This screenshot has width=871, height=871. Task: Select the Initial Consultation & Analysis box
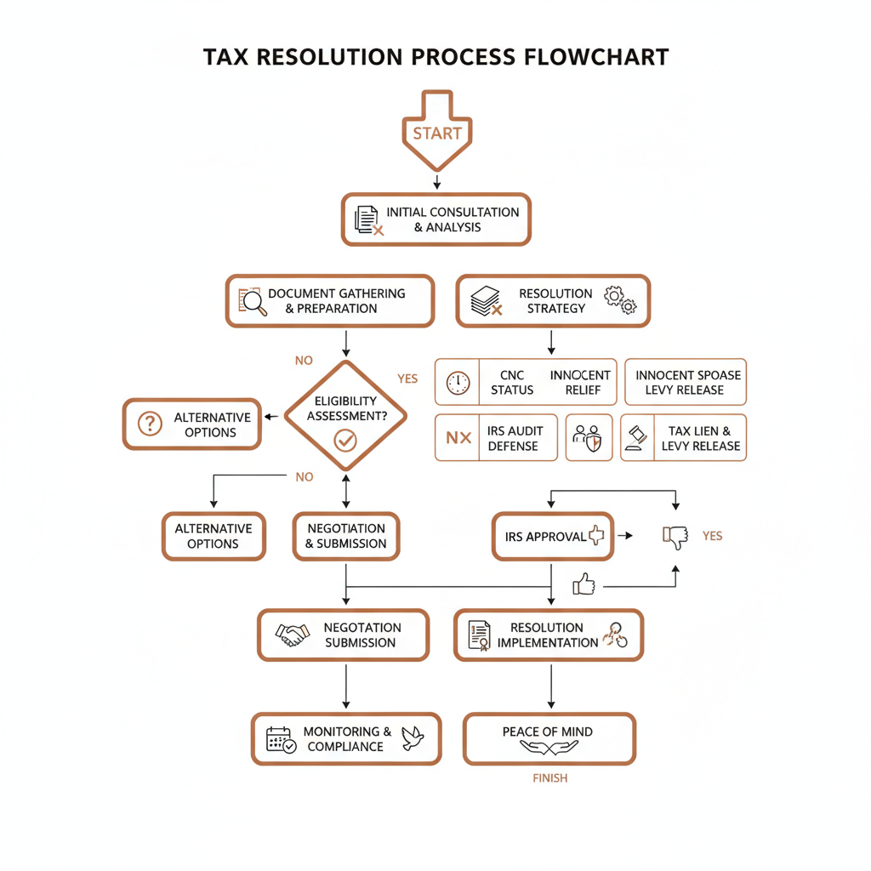436,219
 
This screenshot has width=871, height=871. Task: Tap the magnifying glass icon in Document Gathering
251,302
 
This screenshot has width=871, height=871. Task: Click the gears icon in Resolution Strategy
619,300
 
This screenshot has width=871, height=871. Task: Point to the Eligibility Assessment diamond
345,414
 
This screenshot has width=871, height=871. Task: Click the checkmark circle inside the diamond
345,440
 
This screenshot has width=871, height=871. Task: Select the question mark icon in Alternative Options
150,424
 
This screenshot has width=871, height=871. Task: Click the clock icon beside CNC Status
458,383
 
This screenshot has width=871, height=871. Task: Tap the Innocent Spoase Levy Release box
686,382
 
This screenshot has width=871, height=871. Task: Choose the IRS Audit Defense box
496,438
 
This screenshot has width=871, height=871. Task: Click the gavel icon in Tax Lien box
636,438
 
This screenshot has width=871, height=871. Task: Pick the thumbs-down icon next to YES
675,536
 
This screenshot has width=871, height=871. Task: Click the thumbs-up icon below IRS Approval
584,584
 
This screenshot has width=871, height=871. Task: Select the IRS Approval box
553,536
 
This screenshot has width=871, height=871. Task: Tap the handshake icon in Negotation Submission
293,635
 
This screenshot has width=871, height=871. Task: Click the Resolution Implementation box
548,635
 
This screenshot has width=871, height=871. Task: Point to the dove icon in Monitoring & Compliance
412,737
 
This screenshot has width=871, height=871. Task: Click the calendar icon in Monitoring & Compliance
281,738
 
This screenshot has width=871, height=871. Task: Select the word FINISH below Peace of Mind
549,777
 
